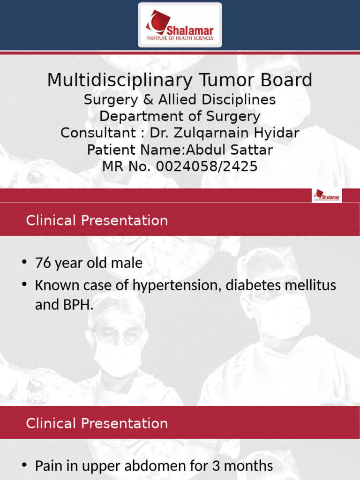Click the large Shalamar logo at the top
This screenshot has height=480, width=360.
point(180,25)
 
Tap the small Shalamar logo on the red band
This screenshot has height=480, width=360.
point(327,195)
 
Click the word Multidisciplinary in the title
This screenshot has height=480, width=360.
point(120,81)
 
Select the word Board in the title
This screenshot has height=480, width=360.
point(287,81)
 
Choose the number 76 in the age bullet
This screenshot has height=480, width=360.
point(43,263)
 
